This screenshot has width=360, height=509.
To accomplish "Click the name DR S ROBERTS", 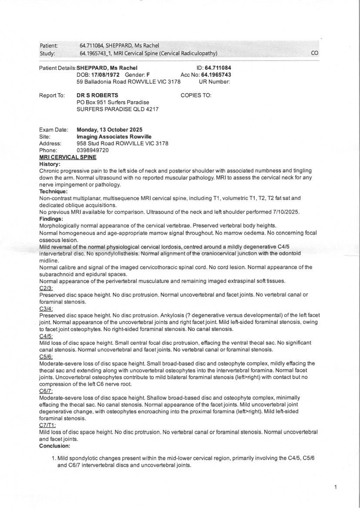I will tap(97, 95).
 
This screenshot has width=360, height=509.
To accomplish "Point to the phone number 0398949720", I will tap(93, 150).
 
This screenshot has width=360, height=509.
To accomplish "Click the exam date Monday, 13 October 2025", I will tap(109, 129).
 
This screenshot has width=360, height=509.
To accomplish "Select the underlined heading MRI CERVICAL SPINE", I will tap(67, 157).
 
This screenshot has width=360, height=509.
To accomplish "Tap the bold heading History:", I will tap(50, 164).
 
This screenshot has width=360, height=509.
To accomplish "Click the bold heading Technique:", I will tap(53, 191).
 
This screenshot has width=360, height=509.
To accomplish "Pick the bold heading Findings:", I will tap(51, 219).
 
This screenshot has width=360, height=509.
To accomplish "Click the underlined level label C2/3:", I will tap(46, 288).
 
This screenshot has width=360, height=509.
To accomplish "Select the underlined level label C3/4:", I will tap(46, 308).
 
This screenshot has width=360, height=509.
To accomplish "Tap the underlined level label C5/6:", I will tap(46, 356).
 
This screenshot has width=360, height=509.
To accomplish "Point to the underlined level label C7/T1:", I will tap(47, 425).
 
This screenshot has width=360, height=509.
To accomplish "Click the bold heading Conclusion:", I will tap(54, 446).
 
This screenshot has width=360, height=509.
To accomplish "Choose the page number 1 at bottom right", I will tap(336, 487).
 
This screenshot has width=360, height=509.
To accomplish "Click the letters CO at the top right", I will tap(315, 53).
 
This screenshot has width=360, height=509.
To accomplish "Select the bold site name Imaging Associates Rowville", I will tap(114, 136).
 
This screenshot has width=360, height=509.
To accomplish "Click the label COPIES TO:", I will tap(196, 95).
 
